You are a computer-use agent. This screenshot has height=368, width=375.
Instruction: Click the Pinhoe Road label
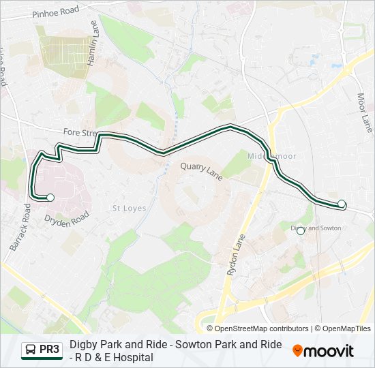pyautogui.click(x=55, y=11)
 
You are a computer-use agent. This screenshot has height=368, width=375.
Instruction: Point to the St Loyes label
pyautogui.click(x=129, y=208)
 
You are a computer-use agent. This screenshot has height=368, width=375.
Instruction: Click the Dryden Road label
pyautogui.click(x=67, y=219)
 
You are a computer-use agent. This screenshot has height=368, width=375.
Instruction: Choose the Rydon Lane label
pyautogui.click(x=235, y=256)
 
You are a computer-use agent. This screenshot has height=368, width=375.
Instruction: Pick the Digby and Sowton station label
pyautogui.click(x=316, y=228)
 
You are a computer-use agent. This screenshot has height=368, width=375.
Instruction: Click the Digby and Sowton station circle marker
pyautogui.click(x=301, y=231)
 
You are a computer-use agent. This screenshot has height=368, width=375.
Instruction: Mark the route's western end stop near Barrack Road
pyautogui.click(x=50, y=198)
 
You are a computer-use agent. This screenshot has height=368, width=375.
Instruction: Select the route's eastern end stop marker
pyautogui.click(x=342, y=203)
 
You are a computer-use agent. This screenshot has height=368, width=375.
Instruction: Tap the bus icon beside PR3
pyautogui.click(x=31, y=350)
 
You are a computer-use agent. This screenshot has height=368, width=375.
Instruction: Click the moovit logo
pyautogui.click(x=323, y=351)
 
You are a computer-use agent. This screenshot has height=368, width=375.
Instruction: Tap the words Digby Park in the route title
pyautogui.click(x=92, y=345)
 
